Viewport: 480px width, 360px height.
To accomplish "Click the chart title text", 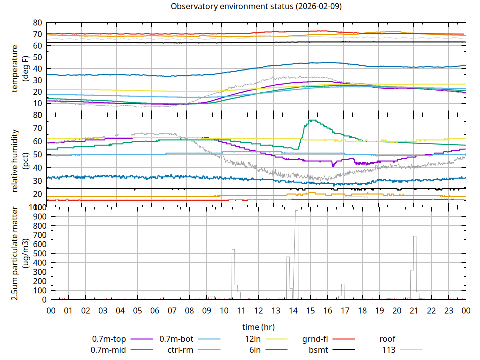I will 256,7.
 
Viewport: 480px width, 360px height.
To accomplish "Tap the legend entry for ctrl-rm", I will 180,350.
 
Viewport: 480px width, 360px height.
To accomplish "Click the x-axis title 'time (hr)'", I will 258,327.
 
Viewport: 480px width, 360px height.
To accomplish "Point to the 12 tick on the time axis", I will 258,311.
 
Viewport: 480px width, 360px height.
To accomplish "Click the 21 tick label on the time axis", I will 414,311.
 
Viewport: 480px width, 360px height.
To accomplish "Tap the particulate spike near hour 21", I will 414,237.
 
